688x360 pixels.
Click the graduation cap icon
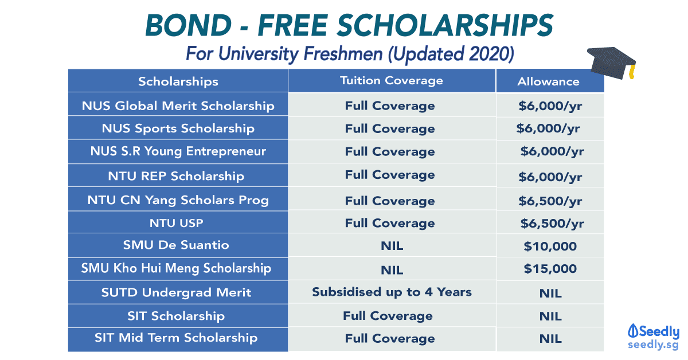(x=611, y=63)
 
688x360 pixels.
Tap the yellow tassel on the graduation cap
(x=632, y=71)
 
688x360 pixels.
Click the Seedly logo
(x=653, y=336)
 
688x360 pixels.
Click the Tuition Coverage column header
(x=391, y=80)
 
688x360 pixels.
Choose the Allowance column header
(x=548, y=81)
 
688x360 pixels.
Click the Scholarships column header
(x=178, y=81)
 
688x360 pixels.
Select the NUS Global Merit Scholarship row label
(x=178, y=105)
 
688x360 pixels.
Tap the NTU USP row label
(x=177, y=223)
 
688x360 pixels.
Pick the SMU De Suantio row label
(x=176, y=245)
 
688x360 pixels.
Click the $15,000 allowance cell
(x=550, y=269)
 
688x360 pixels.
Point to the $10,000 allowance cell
(x=550, y=246)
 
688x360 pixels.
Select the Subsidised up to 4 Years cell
(x=392, y=292)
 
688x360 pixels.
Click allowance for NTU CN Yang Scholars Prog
(x=550, y=201)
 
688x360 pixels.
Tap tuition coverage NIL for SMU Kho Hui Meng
(x=392, y=270)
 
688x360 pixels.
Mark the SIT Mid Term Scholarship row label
(x=176, y=338)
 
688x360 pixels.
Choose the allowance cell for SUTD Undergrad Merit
(x=550, y=294)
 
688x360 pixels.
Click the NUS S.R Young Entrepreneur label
(x=178, y=151)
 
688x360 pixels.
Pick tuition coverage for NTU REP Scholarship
(x=390, y=175)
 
